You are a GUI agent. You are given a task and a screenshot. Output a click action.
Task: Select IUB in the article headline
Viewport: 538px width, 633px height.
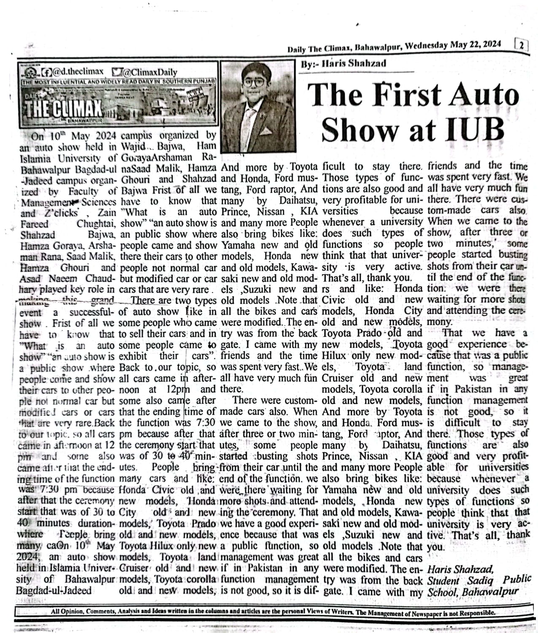472,129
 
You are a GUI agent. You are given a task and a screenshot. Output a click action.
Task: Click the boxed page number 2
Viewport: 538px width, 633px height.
522,45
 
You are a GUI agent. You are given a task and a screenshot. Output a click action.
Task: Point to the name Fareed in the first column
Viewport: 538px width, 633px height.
34,224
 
